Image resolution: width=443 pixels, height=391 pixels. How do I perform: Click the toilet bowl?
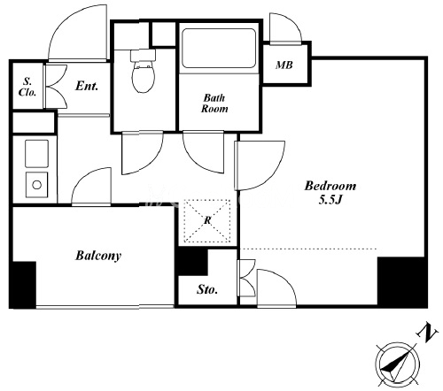coord(144,77)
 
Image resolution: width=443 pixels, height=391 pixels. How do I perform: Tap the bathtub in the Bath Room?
coord(219,48)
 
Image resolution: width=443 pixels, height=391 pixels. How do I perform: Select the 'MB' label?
coord(284,65)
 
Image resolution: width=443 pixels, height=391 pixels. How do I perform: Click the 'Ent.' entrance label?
coord(87,86)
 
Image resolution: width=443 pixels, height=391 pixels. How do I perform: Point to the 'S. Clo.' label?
coord(27,87)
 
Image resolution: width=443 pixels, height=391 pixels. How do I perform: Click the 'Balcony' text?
coord(98,256)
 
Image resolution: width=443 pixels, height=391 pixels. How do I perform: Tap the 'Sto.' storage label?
coord(207,289)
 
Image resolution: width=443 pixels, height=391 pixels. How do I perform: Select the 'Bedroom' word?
coord(330,186)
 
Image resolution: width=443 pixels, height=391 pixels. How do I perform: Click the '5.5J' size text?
coord(330,200)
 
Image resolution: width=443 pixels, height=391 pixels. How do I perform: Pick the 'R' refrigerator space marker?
coord(207,220)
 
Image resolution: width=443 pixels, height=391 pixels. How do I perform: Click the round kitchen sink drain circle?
coord(37,185)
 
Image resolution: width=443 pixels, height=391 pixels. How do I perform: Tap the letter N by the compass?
coord(427,333)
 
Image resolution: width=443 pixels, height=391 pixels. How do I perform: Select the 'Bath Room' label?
coord(214,103)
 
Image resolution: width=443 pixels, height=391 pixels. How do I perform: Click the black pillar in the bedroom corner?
coord(402,282)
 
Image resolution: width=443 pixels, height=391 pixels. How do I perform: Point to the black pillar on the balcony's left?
coord(23,285)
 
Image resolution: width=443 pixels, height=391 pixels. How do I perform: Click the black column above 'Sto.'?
coord(192,261)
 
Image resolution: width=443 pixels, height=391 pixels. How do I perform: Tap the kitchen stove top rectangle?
coord(37,154)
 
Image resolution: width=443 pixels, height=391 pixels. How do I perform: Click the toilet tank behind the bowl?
coord(143,55)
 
